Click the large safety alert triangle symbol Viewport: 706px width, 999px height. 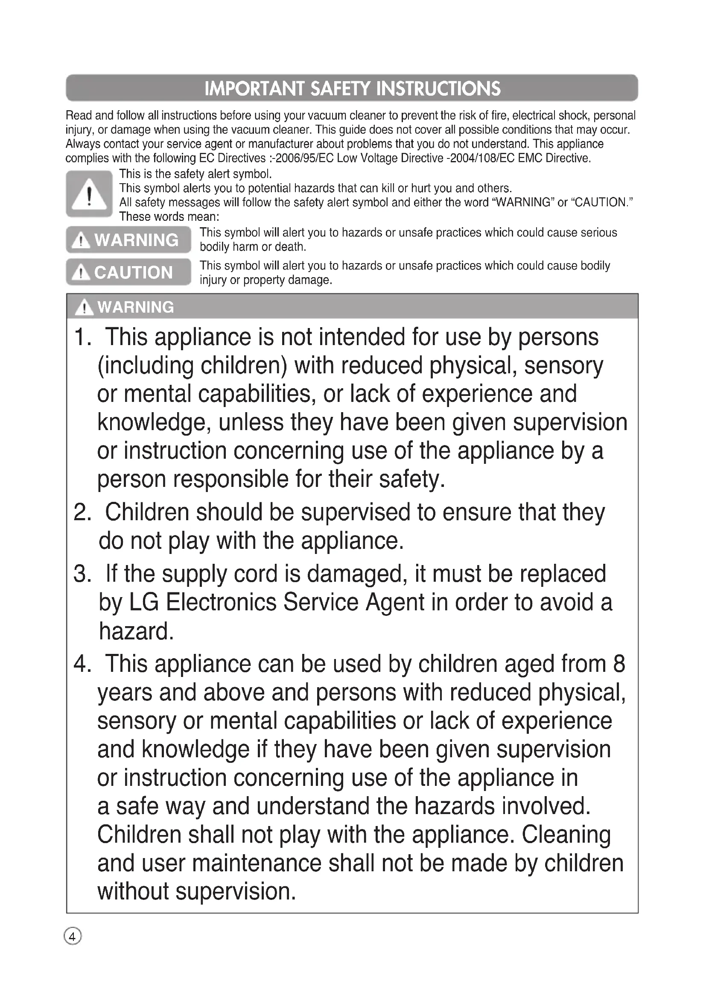[89, 194]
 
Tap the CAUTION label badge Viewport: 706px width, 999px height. [128, 272]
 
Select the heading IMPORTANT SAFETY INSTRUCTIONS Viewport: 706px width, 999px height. [352, 88]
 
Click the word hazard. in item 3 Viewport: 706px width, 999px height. [136, 631]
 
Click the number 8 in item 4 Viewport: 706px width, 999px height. [618, 664]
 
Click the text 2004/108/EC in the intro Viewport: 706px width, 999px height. [481, 158]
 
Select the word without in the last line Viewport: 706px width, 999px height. [133, 891]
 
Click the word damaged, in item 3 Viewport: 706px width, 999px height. [357, 574]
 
